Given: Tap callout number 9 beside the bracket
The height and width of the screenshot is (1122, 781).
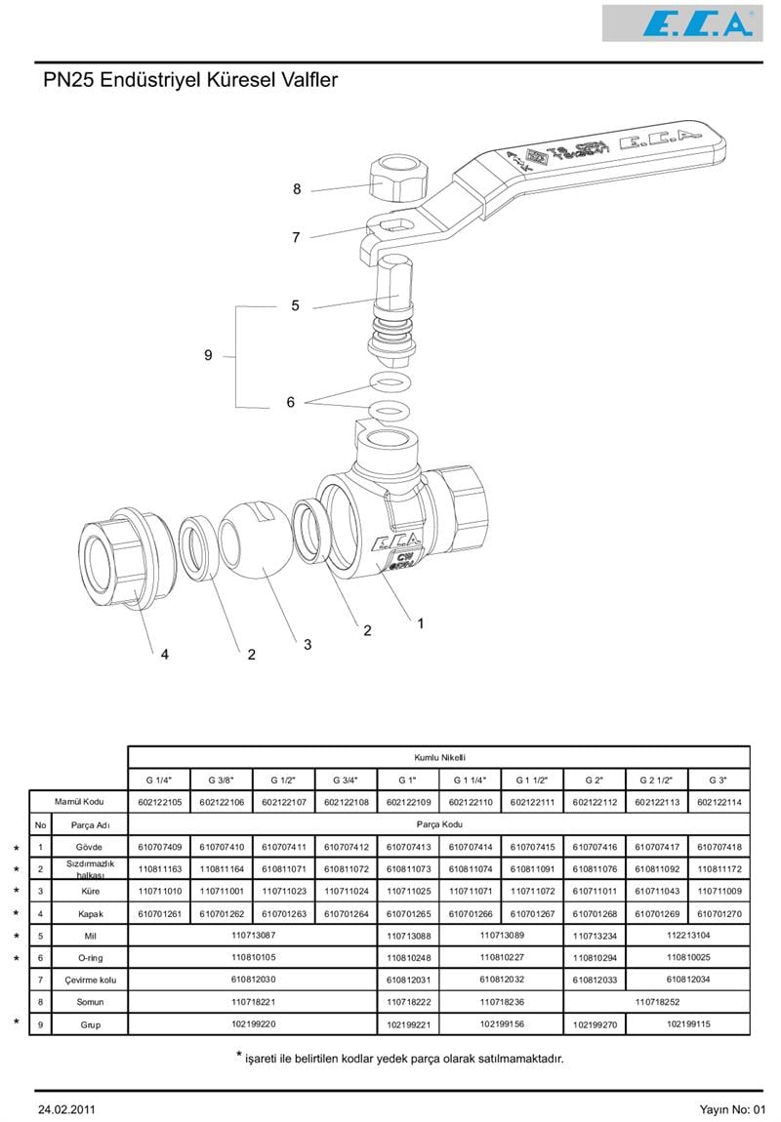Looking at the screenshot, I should pyautogui.click(x=208, y=356).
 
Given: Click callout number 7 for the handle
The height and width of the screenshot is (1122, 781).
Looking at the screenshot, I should pyautogui.click(x=296, y=237).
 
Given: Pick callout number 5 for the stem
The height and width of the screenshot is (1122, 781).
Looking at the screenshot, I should pyautogui.click(x=295, y=305).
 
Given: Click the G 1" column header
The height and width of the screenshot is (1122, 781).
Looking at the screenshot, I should pyautogui.click(x=408, y=780).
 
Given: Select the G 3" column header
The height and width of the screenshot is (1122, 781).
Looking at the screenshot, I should pyautogui.click(x=719, y=780).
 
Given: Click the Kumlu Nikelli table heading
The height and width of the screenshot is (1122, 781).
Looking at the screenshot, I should pyautogui.click(x=439, y=757).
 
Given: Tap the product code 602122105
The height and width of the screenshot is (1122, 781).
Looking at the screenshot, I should pyautogui.click(x=160, y=802).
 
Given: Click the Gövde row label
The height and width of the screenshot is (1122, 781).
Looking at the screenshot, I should pyautogui.click(x=89, y=847).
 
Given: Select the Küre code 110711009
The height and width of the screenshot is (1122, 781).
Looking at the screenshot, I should pyautogui.click(x=719, y=892).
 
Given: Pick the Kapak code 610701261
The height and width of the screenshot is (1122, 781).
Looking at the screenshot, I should pyautogui.click(x=160, y=914).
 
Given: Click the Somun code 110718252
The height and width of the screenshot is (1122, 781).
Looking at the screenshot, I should pyautogui.click(x=657, y=1002).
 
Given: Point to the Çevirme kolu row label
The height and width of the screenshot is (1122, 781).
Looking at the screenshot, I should pyautogui.click(x=89, y=980).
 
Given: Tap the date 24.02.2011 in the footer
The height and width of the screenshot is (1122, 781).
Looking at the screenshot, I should pyautogui.click(x=66, y=1109).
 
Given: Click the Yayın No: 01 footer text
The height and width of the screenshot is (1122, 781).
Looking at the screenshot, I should pyautogui.click(x=733, y=1109).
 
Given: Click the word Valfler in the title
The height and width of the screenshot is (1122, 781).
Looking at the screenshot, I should pyautogui.click(x=307, y=80).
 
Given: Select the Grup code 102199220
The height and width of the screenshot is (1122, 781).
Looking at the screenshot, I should pyautogui.click(x=254, y=1024).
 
